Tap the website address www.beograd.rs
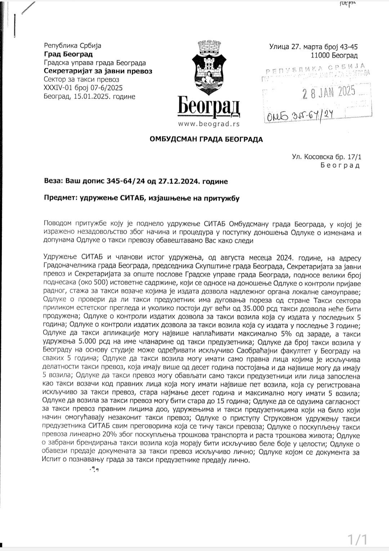pos(209,124)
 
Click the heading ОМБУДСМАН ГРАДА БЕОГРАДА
pos(206,139)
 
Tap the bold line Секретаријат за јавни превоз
pos(98,71)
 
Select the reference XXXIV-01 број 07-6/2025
pos(83,88)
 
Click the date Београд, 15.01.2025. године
pos(89,96)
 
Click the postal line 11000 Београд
pos(334,55)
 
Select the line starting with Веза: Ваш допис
pos(135,181)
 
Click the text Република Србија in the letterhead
pos(72,46)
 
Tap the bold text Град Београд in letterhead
pos(68,54)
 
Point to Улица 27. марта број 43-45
pos(313,47)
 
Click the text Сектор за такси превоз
pos(81,79)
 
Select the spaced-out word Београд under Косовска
pos(340,166)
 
